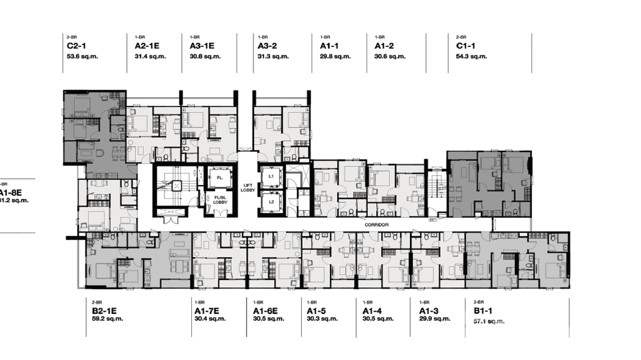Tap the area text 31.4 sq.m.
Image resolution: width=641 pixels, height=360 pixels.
(150, 56)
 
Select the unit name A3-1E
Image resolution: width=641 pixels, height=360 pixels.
(202, 46)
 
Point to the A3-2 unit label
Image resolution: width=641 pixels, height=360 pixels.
(267, 46)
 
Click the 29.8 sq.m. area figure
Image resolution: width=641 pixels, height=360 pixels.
(335, 56)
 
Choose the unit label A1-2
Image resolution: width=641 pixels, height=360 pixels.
(384, 46)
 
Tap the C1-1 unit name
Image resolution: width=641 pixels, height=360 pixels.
(466, 46)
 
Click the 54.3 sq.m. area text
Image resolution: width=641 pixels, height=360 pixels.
(471, 56)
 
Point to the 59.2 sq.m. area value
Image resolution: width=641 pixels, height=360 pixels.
(107, 319)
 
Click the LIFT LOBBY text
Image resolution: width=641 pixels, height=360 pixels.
(248, 188)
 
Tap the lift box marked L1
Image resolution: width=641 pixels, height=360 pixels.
(271, 176)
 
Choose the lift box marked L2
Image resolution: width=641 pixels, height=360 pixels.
(271, 201)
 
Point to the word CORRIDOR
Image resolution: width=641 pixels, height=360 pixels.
(376, 225)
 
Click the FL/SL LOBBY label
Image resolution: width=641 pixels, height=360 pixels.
(220, 200)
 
